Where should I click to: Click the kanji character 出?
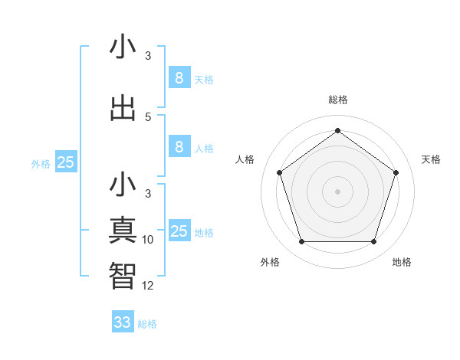[123, 109]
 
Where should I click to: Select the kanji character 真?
[123, 230]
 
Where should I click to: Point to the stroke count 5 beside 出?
[148, 116]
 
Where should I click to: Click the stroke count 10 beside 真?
[148, 240]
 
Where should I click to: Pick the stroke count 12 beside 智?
[148, 286]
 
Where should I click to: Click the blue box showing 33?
[123, 322]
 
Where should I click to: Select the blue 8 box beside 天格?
[179, 78]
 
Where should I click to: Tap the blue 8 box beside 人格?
[179, 148]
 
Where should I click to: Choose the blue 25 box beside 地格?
[179, 232]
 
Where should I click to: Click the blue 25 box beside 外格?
[66, 163]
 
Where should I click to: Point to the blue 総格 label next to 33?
[148, 324]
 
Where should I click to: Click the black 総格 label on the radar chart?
[338, 100]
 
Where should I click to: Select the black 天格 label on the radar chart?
[432, 159]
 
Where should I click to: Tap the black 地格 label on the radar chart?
[402, 262]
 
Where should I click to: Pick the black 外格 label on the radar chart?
[270, 262]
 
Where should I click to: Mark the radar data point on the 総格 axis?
[337, 130]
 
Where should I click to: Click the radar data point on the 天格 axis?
[396, 172]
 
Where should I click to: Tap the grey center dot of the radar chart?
[337, 191]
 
